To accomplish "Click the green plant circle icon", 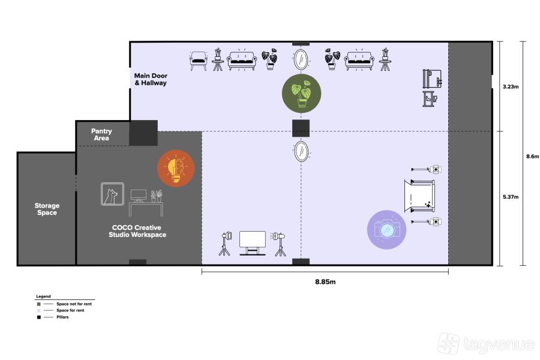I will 301,93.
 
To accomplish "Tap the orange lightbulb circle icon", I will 176,169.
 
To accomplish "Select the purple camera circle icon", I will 386,229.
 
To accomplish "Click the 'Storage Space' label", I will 47,209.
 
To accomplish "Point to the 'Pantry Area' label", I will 101,134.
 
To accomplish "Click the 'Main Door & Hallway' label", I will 151,79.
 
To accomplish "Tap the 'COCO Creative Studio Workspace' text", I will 139,231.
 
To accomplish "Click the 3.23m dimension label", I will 511,87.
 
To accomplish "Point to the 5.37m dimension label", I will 511,197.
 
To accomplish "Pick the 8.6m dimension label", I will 531,156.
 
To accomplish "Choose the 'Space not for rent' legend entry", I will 74,304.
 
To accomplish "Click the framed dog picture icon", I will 112,194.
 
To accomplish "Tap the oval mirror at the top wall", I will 301,60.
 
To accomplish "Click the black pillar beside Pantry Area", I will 143,133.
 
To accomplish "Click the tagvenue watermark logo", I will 485,344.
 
